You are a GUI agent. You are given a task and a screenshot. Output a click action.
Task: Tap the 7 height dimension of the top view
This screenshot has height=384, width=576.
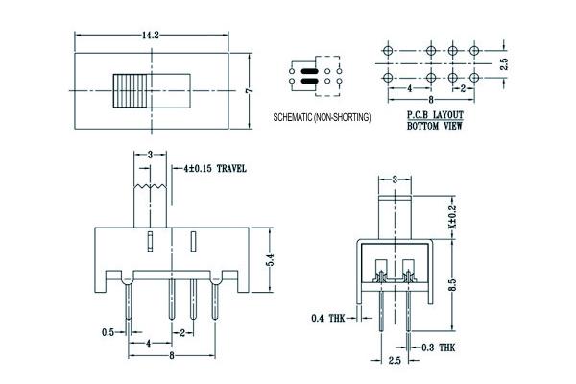(x=248, y=90)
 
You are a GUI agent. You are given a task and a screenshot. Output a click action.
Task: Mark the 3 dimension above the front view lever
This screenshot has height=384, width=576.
(x=150, y=154)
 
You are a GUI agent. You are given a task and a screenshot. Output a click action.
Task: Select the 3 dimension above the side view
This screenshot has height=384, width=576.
(x=395, y=179)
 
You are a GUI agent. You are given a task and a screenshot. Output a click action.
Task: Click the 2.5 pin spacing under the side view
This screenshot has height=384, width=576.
(x=394, y=363)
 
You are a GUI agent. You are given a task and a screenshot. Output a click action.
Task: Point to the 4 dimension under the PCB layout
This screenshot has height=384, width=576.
(x=410, y=88)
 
